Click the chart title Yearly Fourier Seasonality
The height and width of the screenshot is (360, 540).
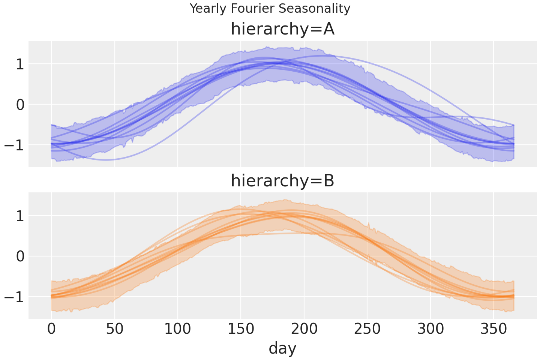coord(270,8)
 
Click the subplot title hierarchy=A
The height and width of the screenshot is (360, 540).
coord(282,29)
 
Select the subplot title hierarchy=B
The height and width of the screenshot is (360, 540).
coord(282,181)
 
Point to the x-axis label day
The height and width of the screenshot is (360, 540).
coord(282,348)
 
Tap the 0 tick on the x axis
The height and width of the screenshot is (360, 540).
coord(51,329)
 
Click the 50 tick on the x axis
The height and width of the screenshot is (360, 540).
coord(115,329)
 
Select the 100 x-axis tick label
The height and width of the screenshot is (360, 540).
coord(178,329)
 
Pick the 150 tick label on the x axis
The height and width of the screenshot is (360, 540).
coord(241,329)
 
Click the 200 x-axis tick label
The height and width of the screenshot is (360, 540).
coord(304,329)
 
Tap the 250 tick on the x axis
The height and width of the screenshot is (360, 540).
coord(367,329)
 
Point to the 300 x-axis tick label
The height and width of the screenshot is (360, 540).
coord(430,329)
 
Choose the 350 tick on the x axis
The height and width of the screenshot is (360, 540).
coord(493,329)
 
